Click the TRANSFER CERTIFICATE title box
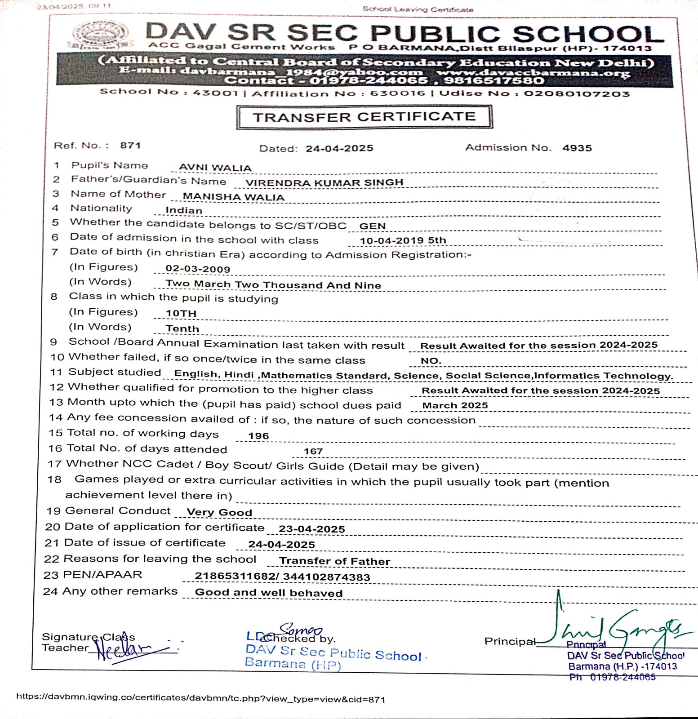coord(364,117)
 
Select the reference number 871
coord(130,146)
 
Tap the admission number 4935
coord(577,148)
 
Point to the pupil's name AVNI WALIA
coord(215,168)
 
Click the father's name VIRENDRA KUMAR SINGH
coord(324,182)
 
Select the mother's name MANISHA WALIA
coord(233,197)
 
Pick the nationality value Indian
coord(184,210)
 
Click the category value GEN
coord(372,226)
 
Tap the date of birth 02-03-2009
coord(198,269)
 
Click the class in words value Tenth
coord(182,328)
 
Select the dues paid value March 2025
coord(455,405)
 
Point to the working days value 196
coord(258,436)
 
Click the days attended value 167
coord(313,451)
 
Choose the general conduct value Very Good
coord(219,512)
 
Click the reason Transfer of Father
coord(334,561)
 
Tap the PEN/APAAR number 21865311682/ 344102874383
coord(282,577)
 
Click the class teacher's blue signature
coord(126,648)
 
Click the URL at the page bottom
coord(200,699)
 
